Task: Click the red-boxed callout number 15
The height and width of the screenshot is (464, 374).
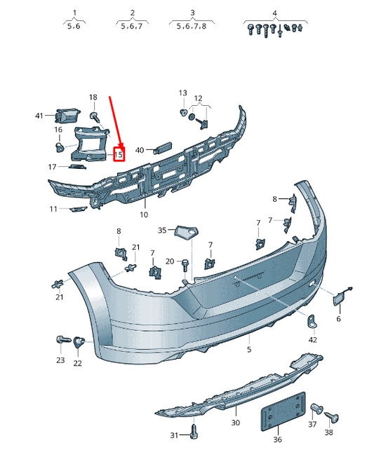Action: pos(119,153)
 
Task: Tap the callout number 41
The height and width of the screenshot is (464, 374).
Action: pos(40,115)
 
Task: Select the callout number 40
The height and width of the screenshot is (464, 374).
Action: pos(140,150)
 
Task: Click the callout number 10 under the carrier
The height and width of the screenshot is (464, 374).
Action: pos(144,214)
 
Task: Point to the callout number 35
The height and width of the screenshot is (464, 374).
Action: pos(162,230)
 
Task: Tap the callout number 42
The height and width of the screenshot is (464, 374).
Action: pos(312,340)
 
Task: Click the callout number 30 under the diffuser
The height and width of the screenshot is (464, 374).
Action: pos(235,423)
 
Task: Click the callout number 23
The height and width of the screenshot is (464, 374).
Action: pos(60,361)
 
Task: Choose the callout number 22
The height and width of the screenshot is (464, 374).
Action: pos(77,363)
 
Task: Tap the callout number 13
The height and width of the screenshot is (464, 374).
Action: pos(182,93)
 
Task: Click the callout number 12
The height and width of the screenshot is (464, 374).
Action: pos(198,98)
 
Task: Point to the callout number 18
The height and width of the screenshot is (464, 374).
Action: pos(93,97)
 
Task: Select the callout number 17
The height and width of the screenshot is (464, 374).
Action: pos(52,167)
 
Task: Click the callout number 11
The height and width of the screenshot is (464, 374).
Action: pos(54,209)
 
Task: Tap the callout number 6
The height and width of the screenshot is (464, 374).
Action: pos(338,319)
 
